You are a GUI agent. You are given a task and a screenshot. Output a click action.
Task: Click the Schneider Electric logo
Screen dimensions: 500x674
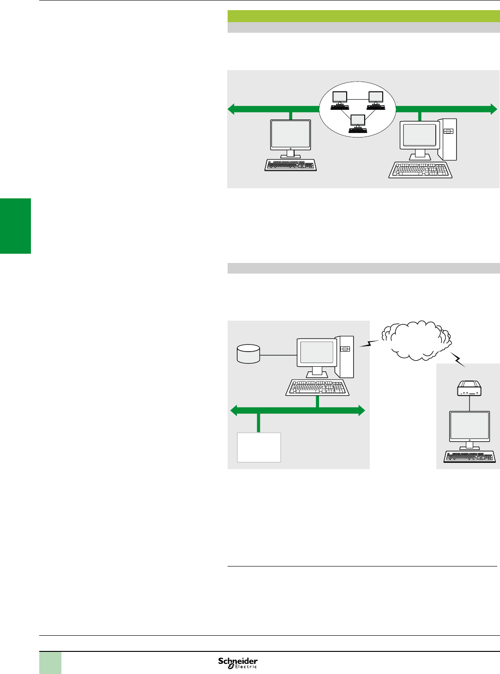(x=238, y=663)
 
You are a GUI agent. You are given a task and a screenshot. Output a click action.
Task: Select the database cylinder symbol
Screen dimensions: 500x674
(x=248, y=354)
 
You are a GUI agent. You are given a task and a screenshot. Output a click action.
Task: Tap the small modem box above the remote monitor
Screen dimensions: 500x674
(x=470, y=388)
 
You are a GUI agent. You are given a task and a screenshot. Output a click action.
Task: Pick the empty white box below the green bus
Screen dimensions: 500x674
(x=259, y=447)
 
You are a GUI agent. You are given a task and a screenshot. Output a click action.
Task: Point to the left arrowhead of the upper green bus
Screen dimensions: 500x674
(x=232, y=109)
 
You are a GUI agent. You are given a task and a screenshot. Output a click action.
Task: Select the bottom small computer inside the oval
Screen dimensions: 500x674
(x=358, y=123)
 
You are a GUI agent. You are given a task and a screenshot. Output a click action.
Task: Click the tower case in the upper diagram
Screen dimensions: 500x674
(x=447, y=139)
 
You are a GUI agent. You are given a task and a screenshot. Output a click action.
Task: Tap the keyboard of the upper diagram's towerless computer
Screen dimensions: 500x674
(x=290, y=165)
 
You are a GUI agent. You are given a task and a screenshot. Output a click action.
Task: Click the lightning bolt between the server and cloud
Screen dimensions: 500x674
(x=370, y=344)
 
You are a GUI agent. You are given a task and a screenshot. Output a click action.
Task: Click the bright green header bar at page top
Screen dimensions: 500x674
(x=363, y=16)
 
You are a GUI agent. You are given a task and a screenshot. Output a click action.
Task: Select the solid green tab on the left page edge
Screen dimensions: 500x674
(x=15, y=226)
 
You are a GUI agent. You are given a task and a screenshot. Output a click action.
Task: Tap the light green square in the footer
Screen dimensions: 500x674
(x=50, y=663)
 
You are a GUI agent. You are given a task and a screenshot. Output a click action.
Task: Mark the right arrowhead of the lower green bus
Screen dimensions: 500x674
(x=361, y=410)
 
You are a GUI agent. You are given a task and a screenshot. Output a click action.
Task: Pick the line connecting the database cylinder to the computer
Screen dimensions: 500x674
(x=278, y=355)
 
